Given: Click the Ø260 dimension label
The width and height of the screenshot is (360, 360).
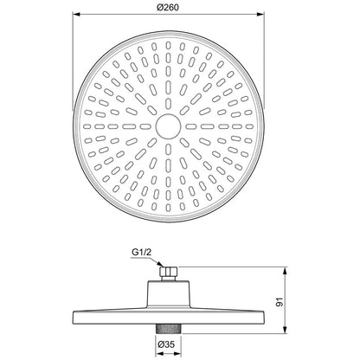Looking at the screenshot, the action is point(168,7).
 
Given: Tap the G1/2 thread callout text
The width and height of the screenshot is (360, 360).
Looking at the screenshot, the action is point(141,252).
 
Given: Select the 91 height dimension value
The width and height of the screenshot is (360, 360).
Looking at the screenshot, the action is point(280,302).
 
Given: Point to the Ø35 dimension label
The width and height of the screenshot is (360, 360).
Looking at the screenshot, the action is point(166,344).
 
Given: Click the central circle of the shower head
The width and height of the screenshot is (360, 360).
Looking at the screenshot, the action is point(168,126).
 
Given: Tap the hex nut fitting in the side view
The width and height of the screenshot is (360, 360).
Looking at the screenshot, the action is point(169,272).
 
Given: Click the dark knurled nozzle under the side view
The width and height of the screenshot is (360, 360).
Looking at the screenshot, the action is point(169,329).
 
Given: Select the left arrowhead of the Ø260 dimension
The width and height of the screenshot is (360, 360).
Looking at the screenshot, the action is point(76,14).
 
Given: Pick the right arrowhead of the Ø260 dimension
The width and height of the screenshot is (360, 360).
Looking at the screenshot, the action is point(260,14).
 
